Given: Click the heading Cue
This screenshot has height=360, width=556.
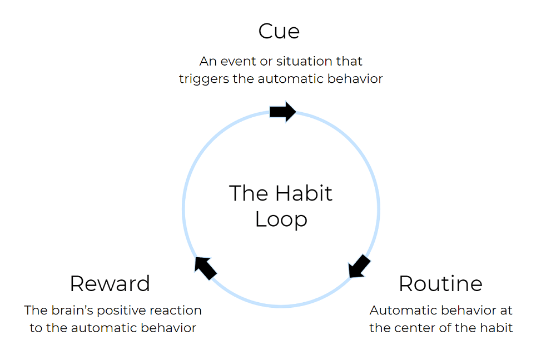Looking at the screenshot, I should point(279,31).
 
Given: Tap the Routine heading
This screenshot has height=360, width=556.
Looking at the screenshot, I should point(440,284).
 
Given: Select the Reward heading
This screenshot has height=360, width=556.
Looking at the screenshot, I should point(110,284).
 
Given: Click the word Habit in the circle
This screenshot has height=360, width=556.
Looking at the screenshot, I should point(304,193).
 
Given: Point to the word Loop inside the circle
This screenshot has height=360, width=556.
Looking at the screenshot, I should point(281,219).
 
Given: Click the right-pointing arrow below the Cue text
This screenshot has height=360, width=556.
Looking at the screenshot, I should point(282,112).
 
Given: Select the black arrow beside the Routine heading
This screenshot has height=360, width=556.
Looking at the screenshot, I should point(359,266).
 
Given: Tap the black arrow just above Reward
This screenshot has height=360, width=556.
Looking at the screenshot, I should point(205,268).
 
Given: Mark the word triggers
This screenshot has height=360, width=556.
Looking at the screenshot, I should point(204,79).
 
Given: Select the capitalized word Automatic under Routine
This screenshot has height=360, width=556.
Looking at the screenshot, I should point(400,310).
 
